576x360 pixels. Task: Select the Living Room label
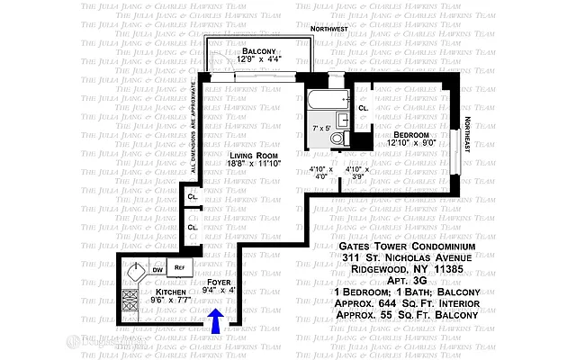pyautogui.click(x=253, y=156)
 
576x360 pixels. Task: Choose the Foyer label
pyautogui.click(x=218, y=282)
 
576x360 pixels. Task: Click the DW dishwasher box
pyautogui.click(x=157, y=268)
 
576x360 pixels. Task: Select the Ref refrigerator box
pyautogui.click(x=179, y=268)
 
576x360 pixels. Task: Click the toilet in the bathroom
pyautogui.click(x=337, y=138)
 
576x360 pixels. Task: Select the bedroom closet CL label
pyautogui.click(x=363, y=109)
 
